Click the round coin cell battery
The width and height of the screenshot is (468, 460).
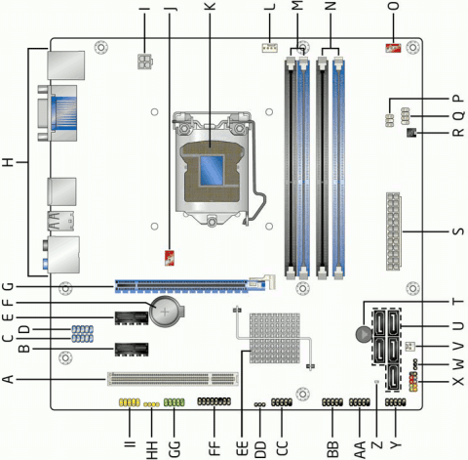[x=165, y=312]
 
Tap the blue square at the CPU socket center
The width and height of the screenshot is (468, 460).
[x=212, y=170]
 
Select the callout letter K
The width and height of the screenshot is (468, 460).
[x=211, y=6]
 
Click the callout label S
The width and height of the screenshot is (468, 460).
[x=458, y=231]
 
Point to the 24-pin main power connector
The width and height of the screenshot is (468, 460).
[x=394, y=231]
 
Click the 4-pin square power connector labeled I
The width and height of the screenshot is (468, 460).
[x=145, y=62]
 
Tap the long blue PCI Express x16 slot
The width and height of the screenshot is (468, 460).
[x=190, y=285]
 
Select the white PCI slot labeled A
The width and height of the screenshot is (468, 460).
[x=173, y=379]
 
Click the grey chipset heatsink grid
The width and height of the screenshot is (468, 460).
[x=275, y=338]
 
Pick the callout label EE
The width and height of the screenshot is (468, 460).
[x=242, y=449]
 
